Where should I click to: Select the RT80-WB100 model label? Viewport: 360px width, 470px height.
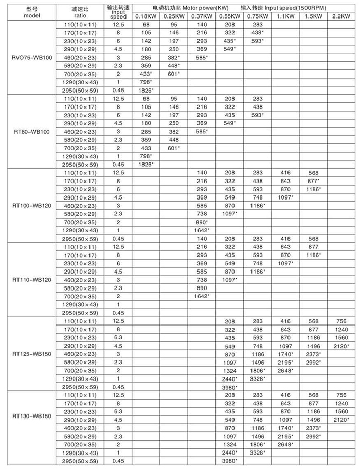coord(32,132)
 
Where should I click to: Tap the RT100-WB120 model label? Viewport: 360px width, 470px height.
coord(32,205)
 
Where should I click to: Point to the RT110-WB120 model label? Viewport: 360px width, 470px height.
coord(32,280)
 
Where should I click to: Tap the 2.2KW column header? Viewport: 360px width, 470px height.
coord(340,16)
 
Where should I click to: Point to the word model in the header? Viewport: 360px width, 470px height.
coord(32,16)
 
